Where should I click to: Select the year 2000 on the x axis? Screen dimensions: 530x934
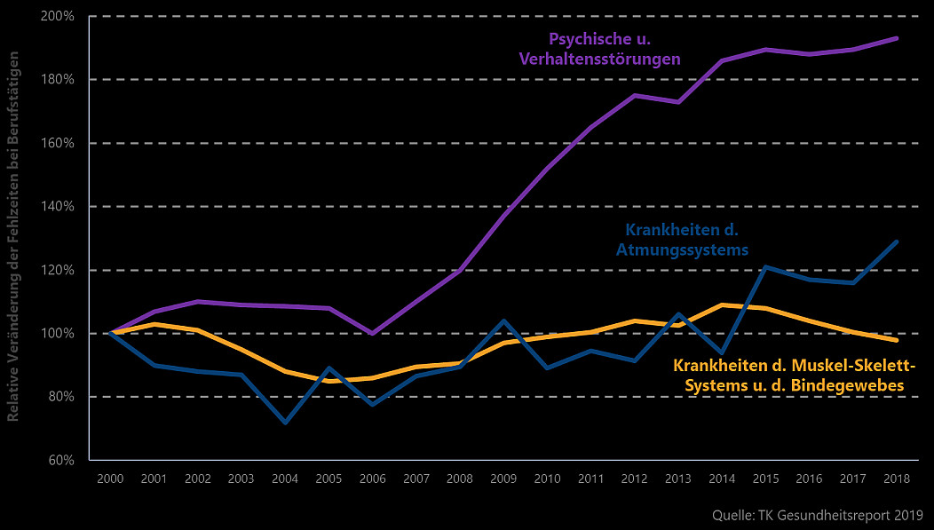[109, 479]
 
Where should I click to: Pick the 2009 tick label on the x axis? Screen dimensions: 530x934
[503, 479]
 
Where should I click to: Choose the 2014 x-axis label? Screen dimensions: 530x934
[723, 479]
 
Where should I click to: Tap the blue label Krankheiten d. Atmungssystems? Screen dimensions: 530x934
[682, 240]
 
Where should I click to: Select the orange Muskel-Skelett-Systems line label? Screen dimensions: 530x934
[794, 376]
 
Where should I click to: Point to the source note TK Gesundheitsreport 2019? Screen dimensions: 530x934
[818, 515]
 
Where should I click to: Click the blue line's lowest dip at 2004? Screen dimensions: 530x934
[285, 423]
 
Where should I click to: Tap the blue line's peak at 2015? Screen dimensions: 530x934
[766, 266]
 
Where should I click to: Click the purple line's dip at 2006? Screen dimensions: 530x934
[372, 334]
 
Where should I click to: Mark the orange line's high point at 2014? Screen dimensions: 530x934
[723, 305]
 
